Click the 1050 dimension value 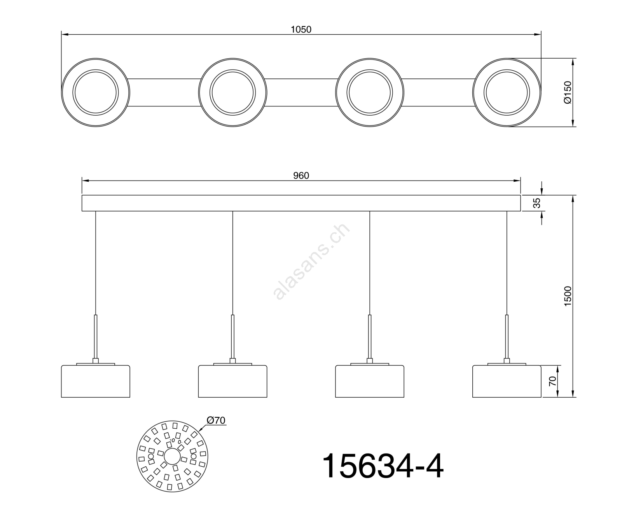(x=301, y=30)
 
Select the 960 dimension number (x=301, y=176)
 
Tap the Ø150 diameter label (x=568, y=92)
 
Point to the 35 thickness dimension (x=536, y=203)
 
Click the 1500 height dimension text (x=568, y=296)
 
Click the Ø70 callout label (x=216, y=420)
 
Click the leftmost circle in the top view (x=62, y=93)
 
